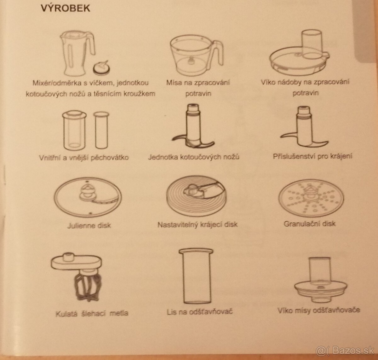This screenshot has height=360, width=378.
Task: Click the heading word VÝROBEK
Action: pyautogui.click(x=66, y=8)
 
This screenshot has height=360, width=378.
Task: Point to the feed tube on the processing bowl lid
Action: pyautogui.click(x=312, y=44)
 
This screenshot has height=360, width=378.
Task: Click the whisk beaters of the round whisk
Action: pyautogui.click(x=88, y=286)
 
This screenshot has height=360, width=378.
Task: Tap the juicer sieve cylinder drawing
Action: pyautogui.click(x=196, y=277)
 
